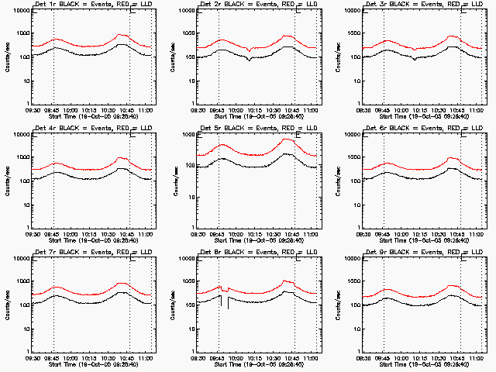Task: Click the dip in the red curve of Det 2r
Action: pos(249,50)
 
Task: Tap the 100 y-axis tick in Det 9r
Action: pos(355,305)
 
